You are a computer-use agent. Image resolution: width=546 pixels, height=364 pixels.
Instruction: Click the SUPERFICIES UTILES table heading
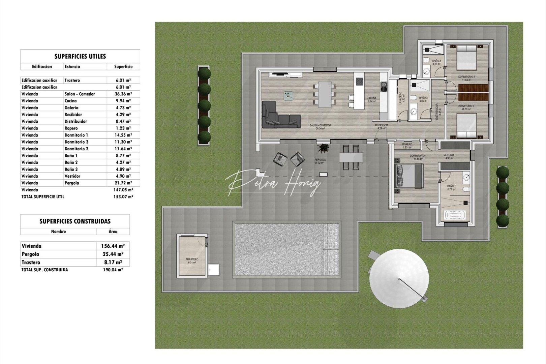pos(80,57)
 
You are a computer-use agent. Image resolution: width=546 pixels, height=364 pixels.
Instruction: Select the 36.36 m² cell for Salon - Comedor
pos(123,94)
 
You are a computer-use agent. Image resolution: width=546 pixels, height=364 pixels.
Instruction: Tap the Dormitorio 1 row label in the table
pos(76,135)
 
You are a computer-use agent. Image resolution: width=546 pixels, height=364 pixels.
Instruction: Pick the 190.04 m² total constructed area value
pos(113,270)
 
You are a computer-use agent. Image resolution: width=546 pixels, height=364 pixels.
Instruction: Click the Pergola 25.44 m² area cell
pos(113,254)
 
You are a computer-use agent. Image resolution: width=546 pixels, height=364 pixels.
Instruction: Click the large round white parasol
pos(399,278)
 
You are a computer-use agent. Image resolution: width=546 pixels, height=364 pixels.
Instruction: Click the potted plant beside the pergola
pos(324,148)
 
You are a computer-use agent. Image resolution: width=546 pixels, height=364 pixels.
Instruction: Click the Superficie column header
pos(123,67)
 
